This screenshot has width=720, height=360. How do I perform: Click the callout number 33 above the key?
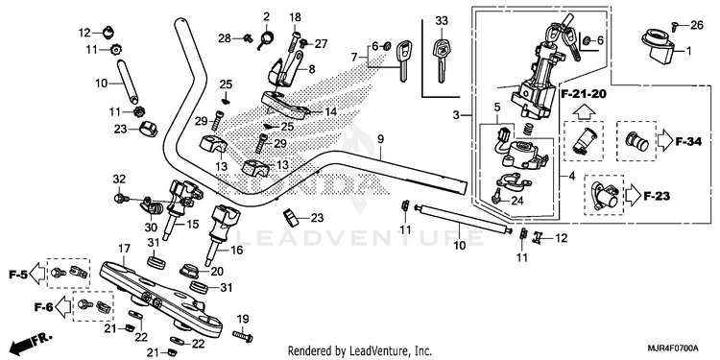point(442,21)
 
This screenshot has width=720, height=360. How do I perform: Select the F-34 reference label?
point(688,142)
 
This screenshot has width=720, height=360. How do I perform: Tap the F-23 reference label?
point(657,197)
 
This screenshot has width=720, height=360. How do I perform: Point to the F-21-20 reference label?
point(584,94)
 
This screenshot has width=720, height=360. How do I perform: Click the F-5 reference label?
point(18,276)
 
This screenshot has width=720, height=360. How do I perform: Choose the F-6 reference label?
point(43,306)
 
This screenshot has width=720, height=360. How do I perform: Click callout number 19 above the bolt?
point(243,319)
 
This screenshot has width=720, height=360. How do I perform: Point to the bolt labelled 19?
point(243,336)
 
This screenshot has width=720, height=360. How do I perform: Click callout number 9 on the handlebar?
point(380,138)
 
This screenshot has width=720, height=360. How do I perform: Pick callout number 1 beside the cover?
point(688,51)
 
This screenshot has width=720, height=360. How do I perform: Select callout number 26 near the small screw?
point(697,25)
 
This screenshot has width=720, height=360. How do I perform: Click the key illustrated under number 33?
point(441,60)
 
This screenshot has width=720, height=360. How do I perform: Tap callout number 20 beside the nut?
point(217,272)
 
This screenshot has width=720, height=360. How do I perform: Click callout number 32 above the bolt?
point(119,179)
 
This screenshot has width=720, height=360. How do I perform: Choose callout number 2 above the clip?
point(266,17)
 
